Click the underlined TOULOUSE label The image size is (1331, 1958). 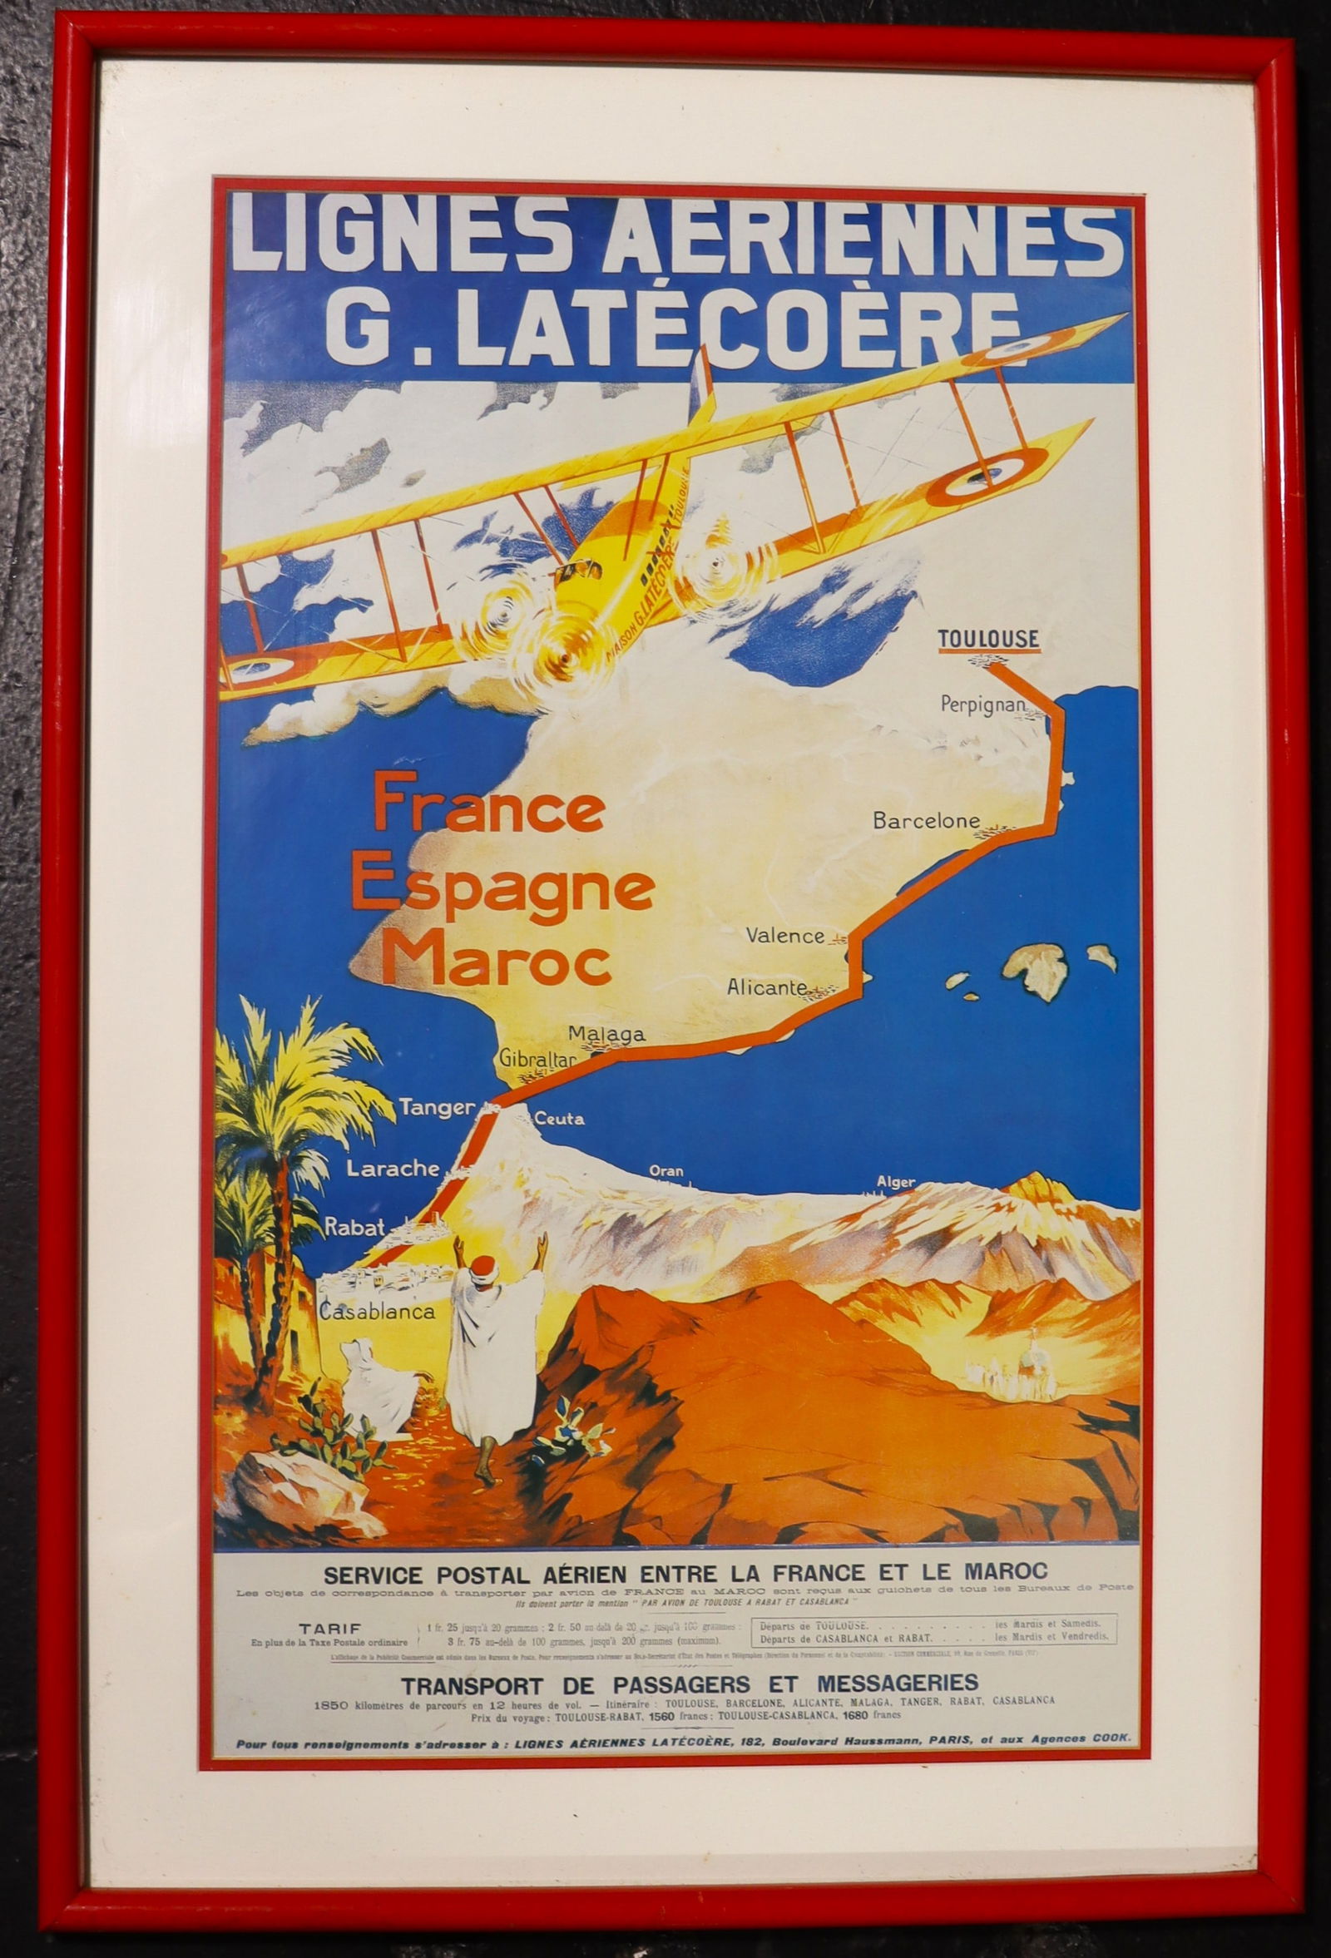[x=988, y=639]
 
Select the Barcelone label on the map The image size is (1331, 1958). [x=926, y=820]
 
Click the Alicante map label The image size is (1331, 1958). [x=767, y=986]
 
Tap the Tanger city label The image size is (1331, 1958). [x=437, y=1107]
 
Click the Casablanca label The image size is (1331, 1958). [x=377, y=1310]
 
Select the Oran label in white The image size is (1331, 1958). [x=665, y=1170]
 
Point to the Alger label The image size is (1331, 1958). [x=895, y=1182]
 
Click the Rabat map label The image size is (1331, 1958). [x=355, y=1227]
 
